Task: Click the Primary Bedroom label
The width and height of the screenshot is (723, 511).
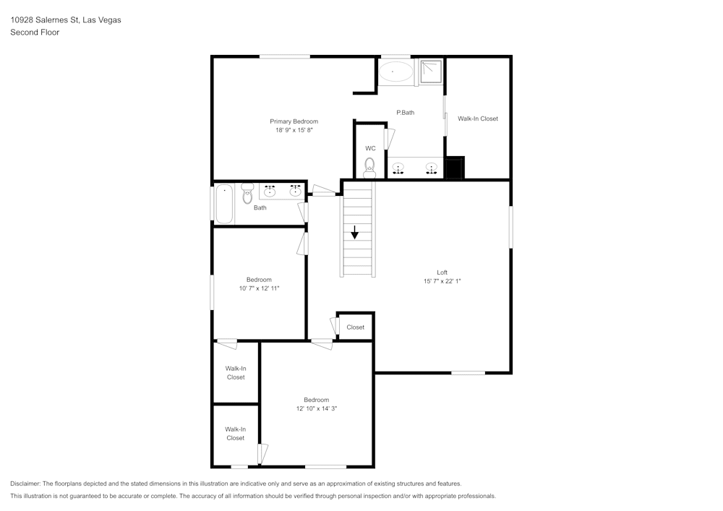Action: click(x=294, y=121)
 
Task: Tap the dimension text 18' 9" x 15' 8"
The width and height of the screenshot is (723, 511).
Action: click(x=294, y=130)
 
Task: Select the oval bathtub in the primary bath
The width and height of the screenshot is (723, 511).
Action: click(x=395, y=72)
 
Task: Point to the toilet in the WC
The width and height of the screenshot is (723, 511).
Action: click(x=369, y=168)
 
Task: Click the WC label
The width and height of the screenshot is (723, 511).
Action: click(x=370, y=148)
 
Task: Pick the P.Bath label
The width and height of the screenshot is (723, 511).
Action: click(x=406, y=113)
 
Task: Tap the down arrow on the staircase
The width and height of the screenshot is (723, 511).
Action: click(x=354, y=232)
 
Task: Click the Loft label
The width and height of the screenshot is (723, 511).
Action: click(x=442, y=272)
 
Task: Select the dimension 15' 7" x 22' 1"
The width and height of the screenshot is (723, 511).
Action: click(x=442, y=281)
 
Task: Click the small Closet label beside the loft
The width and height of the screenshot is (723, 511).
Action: click(x=356, y=327)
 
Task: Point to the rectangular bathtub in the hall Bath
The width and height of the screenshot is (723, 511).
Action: click(x=224, y=204)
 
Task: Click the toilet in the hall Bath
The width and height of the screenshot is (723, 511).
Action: click(x=247, y=194)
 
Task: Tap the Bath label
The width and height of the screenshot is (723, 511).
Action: click(x=260, y=208)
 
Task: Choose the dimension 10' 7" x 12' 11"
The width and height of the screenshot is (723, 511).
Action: click(x=259, y=288)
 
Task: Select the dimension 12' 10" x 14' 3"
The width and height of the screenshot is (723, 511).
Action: click(x=317, y=408)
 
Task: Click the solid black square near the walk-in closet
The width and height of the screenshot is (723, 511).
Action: click(x=454, y=168)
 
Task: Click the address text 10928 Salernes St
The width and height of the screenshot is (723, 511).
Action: click(x=44, y=20)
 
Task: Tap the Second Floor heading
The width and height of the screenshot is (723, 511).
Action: click(x=35, y=33)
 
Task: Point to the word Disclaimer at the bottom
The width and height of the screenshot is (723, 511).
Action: click(x=25, y=484)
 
